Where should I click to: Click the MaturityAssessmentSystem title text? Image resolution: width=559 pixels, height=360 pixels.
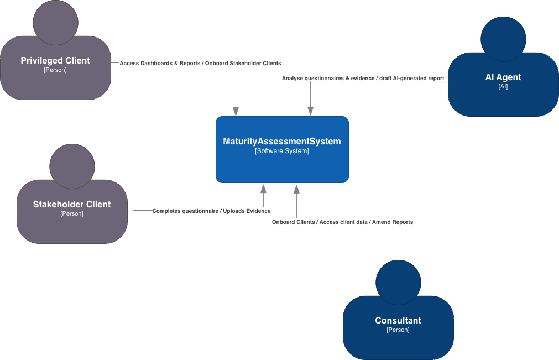point(282,142)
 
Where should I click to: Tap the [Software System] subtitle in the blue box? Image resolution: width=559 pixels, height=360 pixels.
point(282,151)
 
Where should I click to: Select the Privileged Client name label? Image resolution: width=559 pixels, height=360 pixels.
point(55,61)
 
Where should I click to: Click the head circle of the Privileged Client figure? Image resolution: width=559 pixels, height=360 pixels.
point(55,22)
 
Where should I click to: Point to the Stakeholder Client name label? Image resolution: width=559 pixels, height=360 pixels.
point(72,205)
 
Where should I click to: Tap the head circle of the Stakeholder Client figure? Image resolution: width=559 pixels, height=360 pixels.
point(72,166)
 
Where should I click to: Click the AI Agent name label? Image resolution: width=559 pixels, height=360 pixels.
point(503,77)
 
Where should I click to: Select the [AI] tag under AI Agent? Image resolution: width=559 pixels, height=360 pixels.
point(503,87)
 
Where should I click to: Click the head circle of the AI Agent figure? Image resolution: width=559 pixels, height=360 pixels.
point(503,39)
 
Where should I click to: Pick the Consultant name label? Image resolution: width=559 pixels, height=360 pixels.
point(398,321)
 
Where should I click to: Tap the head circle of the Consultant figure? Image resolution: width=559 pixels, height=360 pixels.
point(398,282)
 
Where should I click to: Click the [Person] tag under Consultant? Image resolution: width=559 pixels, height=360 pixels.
point(398,330)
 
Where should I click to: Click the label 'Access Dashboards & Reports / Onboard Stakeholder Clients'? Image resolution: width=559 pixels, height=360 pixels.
point(200,64)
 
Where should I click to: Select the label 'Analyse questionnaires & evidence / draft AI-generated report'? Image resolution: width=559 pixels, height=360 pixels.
point(363,79)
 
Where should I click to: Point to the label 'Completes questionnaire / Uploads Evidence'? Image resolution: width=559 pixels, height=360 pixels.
point(211,211)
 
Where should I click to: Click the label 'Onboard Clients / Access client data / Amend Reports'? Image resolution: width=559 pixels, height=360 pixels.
point(342,222)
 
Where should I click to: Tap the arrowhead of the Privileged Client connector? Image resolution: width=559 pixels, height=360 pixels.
point(236,112)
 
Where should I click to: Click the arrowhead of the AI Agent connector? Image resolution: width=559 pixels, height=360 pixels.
point(310,112)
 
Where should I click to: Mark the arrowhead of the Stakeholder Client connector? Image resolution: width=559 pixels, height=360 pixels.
point(263,188)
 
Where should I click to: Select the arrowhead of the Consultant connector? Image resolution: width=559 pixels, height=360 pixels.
point(296,188)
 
